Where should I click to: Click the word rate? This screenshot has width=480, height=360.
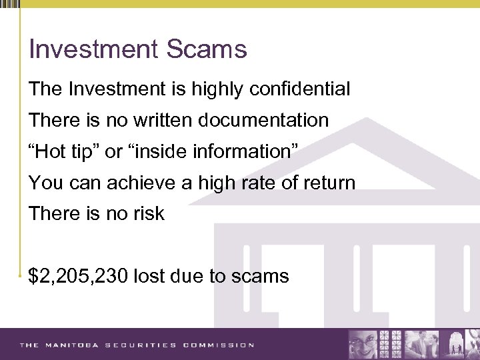pos(244,183)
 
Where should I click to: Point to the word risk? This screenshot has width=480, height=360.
pos(149,214)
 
